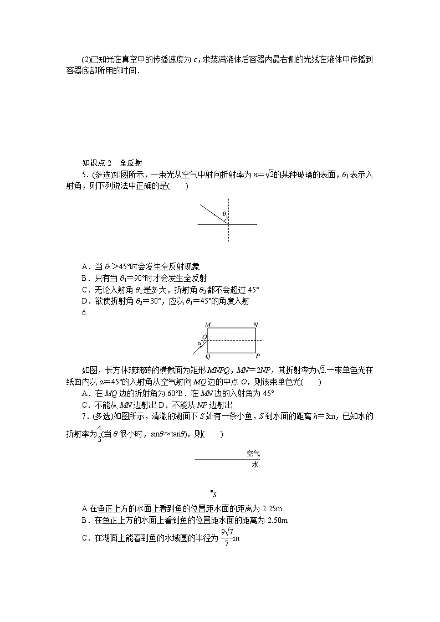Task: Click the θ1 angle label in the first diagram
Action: (x=225, y=214)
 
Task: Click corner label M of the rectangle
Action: (x=207, y=324)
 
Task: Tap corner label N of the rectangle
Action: (x=255, y=324)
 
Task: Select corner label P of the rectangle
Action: (x=258, y=356)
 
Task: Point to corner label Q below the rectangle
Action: (x=208, y=357)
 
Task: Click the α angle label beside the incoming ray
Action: (x=199, y=343)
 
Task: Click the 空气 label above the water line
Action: (x=253, y=454)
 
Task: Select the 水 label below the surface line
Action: (x=255, y=465)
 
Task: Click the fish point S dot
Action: (x=212, y=491)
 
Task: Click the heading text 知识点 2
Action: (x=97, y=163)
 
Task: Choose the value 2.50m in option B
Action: (x=277, y=521)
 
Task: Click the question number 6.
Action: (x=84, y=313)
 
